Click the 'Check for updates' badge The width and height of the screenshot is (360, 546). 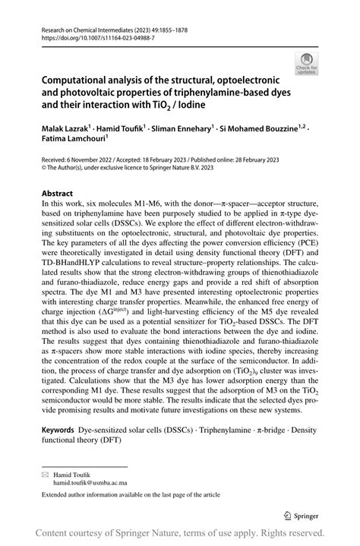[x=308, y=63]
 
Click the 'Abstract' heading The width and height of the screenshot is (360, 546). [x=58, y=194]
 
